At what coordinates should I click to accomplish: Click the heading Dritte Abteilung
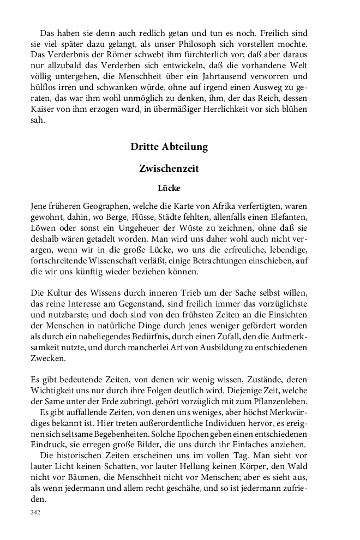click(x=169, y=147)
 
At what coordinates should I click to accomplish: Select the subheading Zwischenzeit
click(x=169, y=169)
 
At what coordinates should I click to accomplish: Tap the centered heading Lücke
click(x=169, y=189)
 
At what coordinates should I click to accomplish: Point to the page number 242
click(x=35, y=512)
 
